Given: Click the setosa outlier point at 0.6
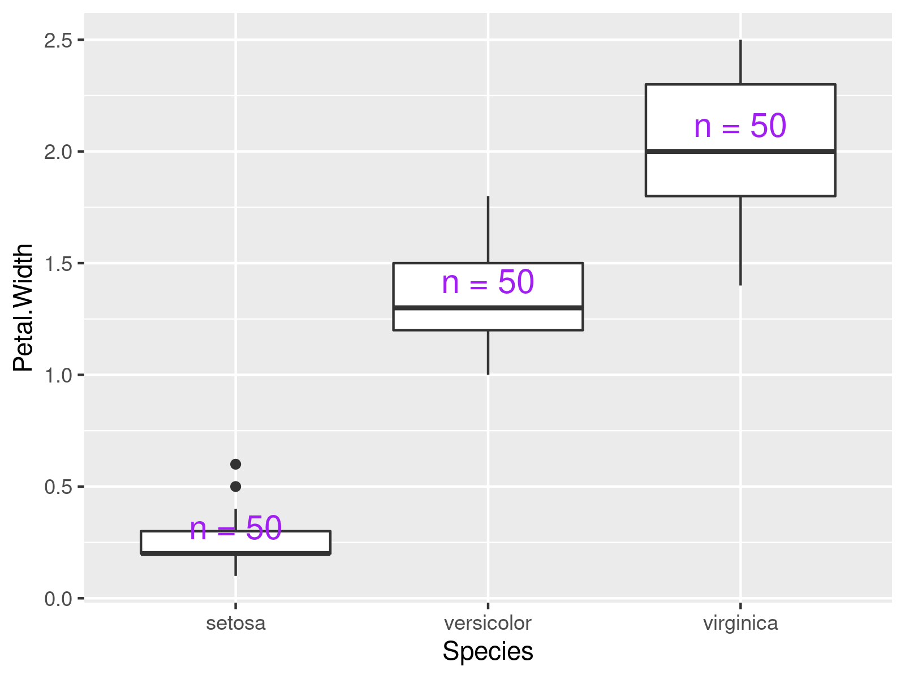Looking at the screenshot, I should (x=236, y=465).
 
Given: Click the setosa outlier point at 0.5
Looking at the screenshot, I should (x=236, y=487).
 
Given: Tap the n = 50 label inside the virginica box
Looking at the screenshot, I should (x=740, y=126).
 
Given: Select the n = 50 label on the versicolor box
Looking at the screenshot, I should (x=488, y=282).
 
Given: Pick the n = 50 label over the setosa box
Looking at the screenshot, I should (x=235, y=528).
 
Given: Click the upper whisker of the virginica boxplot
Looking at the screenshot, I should (x=740, y=62).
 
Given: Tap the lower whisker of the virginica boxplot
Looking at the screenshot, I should (x=740, y=240).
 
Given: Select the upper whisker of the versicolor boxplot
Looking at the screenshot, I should (x=488, y=230).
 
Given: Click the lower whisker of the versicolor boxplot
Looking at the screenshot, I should (x=488, y=352).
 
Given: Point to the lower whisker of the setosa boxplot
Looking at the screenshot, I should (x=235, y=565).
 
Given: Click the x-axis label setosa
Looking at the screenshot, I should (x=235, y=624).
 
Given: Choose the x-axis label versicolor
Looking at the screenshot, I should (x=488, y=624).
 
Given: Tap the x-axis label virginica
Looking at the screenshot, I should (x=740, y=624).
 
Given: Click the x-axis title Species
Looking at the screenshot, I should (x=488, y=651).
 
